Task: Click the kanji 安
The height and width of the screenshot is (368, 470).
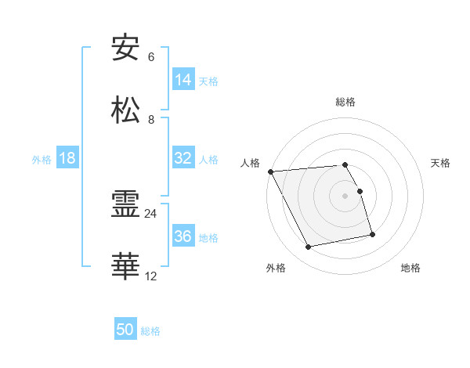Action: click(126, 48)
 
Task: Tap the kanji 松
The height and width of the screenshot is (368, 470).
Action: click(126, 110)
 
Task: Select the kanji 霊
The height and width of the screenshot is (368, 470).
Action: click(126, 204)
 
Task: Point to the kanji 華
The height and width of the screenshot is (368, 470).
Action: click(126, 267)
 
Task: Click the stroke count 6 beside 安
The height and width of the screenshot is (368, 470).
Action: click(150, 57)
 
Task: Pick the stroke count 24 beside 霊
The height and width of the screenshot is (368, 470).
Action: click(151, 213)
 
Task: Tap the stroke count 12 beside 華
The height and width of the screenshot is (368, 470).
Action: click(151, 276)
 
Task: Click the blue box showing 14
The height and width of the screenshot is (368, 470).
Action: click(183, 80)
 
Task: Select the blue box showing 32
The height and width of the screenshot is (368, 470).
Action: click(183, 158)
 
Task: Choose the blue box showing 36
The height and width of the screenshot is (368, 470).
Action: click(183, 236)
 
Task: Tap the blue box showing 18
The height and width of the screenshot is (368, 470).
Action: click(67, 158)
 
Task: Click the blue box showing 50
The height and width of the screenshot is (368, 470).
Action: click(125, 330)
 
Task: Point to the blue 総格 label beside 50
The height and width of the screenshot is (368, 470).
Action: click(151, 331)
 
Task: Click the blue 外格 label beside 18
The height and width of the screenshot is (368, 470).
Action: click(42, 159)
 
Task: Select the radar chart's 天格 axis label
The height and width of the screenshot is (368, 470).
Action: click(441, 163)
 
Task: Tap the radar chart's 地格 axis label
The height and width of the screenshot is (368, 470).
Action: click(410, 268)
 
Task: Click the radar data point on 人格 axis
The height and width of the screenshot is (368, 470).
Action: click(270, 171)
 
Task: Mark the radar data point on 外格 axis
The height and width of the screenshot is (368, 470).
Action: click(309, 247)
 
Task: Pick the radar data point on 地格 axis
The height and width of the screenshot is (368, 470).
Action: click(372, 234)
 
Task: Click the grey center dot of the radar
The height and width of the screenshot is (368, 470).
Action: click(345, 196)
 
